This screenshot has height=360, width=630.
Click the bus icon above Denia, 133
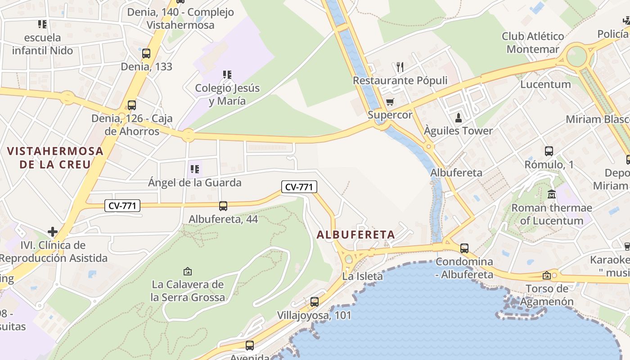pyautogui.click(x=146, y=54)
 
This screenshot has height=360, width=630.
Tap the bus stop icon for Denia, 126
pyautogui.click(x=131, y=105)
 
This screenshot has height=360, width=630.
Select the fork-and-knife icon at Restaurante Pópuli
pyautogui.click(x=400, y=67)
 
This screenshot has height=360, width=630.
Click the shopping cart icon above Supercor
pyautogui.click(x=390, y=102)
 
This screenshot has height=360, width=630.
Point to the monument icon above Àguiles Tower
pyautogui.click(x=459, y=118)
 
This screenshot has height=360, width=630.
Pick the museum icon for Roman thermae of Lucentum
pyautogui.click(x=552, y=194)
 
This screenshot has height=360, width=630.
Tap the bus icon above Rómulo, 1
pyautogui.click(x=549, y=151)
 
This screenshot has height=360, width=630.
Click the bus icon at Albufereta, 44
pyautogui.click(x=223, y=206)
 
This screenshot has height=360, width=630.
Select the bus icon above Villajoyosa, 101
pyautogui.click(x=314, y=302)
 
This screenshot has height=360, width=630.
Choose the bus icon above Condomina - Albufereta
pyautogui.click(x=464, y=248)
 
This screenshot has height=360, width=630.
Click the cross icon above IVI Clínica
pyautogui.click(x=53, y=232)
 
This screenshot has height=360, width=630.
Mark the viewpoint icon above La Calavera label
pyautogui.click(x=188, y=271)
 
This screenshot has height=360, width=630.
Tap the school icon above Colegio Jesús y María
pyautogui.click(x=227, y=74)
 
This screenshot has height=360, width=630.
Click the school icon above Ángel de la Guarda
pyautogui.click(x=195, y=169)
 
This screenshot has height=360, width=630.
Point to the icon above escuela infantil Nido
pyautogui.click(x=42, y=24)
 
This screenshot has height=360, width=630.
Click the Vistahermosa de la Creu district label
pyautogui.click(x=55, y=157)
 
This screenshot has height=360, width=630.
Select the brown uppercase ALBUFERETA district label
pyautogui.click(x=355, y=234)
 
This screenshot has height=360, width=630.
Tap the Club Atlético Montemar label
pyautogui.click(x=533, y=42)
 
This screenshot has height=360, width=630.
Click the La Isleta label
pyautogui.click(x=362, y=276)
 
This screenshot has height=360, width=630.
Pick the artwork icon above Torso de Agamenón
pyautogui.click(x=547, y=275)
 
